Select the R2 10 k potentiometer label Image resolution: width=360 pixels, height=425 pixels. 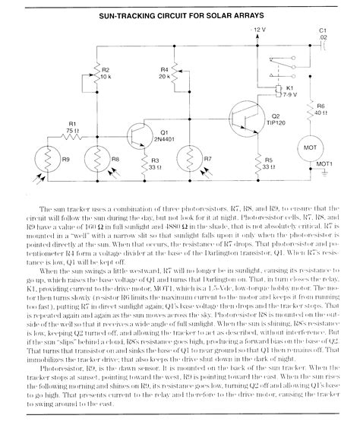coord(106,73)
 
